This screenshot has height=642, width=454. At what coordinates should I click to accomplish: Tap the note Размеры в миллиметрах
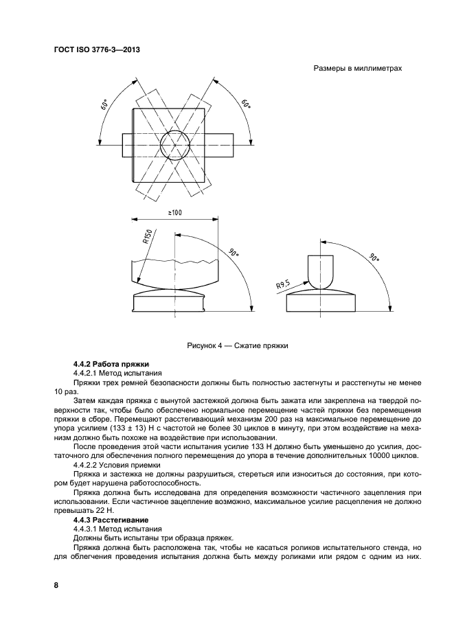click(x=357, y=69)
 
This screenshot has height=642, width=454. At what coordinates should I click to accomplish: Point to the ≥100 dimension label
click(x=173, y=214)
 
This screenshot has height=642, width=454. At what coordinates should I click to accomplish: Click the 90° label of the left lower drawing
click(x=234, y=253)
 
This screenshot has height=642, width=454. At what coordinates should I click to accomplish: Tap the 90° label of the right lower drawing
click(x=374, y=258)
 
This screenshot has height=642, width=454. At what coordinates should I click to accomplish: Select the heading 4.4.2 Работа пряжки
click(x=111, y=363)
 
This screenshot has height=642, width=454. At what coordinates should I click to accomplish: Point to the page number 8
click(x=56, y=585)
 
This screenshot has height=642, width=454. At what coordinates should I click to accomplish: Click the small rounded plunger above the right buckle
click(x=320, y=271)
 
